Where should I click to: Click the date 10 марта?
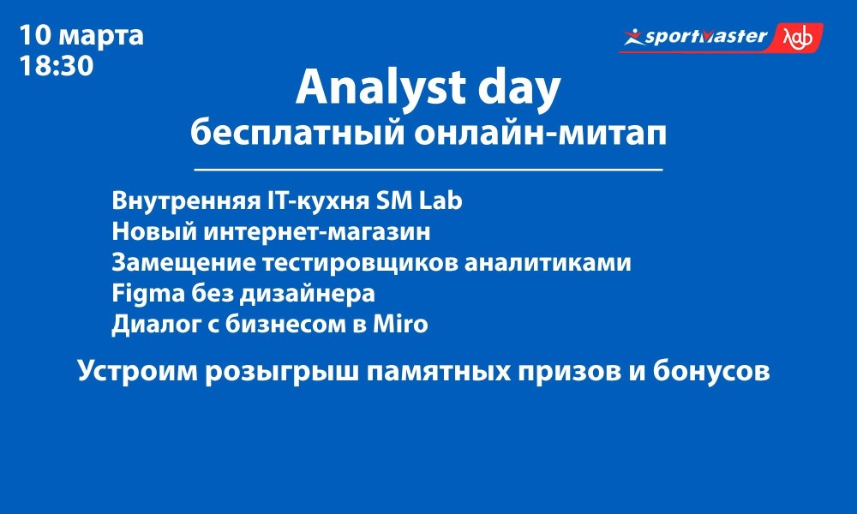click(81, 35)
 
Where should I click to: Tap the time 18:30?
click(57, 66)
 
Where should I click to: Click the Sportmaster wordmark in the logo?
click(705, 37)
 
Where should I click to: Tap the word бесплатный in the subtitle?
click(297, 132)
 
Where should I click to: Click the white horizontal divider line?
click(428, 170)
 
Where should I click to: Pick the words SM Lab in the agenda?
click(419, 200)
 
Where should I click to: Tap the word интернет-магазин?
click(317, 231)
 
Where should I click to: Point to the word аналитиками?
click(548, 262)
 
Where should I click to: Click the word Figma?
click(148, 294)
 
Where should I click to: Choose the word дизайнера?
click(308, 294)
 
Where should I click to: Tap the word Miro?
click(400, 324)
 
